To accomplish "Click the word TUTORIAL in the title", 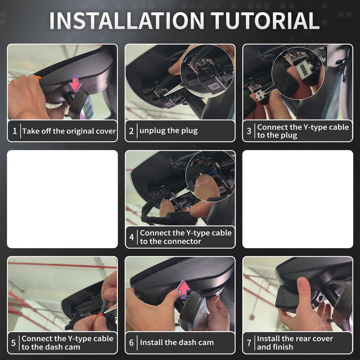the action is point(265,20).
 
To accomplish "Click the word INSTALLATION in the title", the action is point(127,20).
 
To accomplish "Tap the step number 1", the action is point(15,131).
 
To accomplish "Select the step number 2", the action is point(131,131).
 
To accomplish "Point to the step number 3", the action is point(249,131).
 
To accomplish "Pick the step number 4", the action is point(131,237).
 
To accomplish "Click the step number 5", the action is point(14,343).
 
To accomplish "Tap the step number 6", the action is point(131,343).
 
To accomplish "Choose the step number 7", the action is point(249,343).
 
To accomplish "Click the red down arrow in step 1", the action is point(75,83).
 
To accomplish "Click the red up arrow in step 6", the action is point(184,289).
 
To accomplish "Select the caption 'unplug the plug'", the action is point(168,131).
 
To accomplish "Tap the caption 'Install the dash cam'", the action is point(177,342).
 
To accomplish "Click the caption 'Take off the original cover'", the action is point(69,131).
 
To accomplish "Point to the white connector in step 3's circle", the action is point(304,70).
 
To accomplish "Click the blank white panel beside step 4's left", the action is point(63,199).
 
